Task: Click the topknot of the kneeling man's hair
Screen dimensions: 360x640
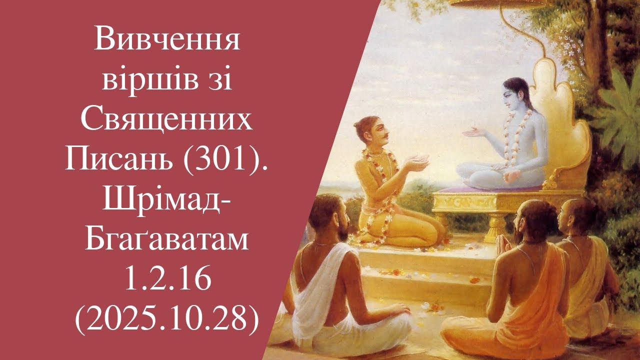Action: [x=361, y=122]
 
